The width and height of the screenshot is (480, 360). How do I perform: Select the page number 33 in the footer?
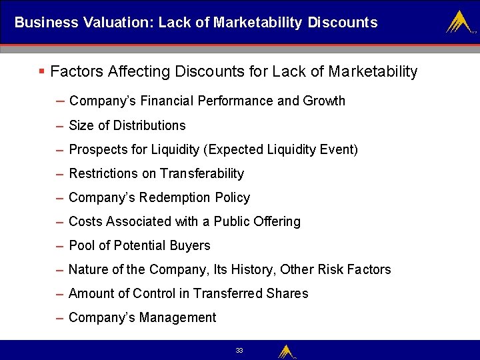[239, 350]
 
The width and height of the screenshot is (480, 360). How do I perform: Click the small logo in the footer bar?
[287, 351]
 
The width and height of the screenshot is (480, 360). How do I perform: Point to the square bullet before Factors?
[42, 71]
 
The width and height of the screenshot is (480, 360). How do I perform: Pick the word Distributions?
[149, 125]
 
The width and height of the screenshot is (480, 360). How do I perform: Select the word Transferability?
[202, 173]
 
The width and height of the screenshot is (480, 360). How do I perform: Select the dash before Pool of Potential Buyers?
[61, 245]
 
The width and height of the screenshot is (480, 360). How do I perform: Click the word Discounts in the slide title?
[343, 23]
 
